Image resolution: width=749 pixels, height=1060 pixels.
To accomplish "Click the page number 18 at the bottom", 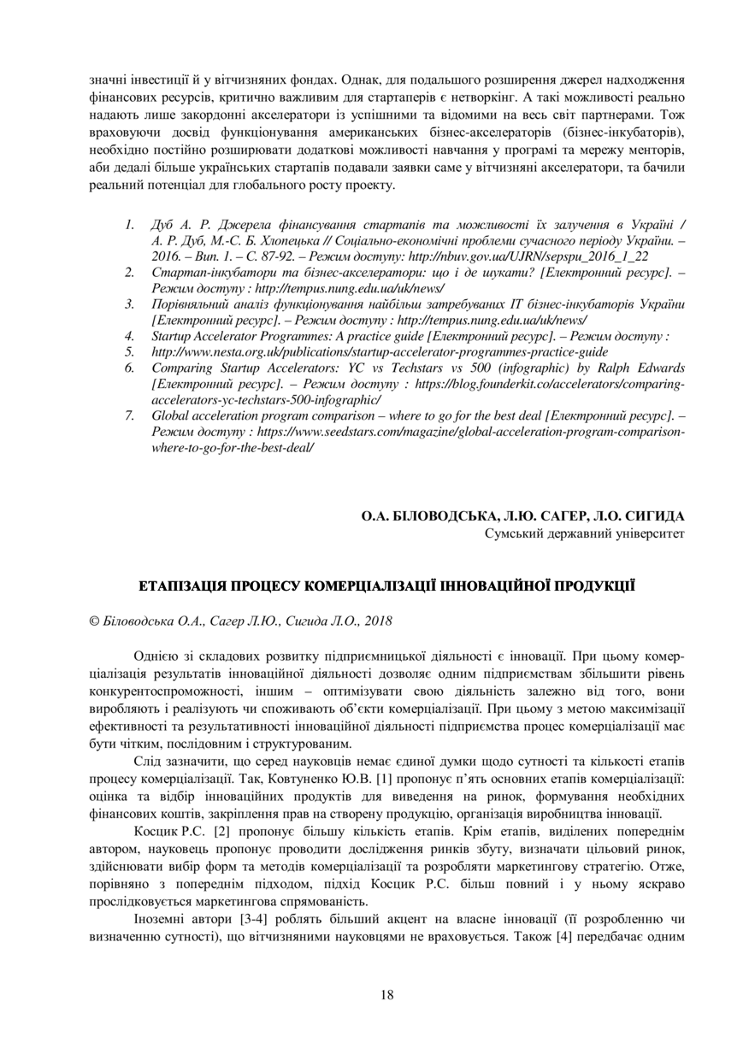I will pos(386,994).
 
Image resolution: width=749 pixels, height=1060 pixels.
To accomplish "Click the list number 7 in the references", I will pos(129,416).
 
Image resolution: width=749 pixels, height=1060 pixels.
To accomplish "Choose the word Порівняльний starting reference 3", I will pos(192,303).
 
